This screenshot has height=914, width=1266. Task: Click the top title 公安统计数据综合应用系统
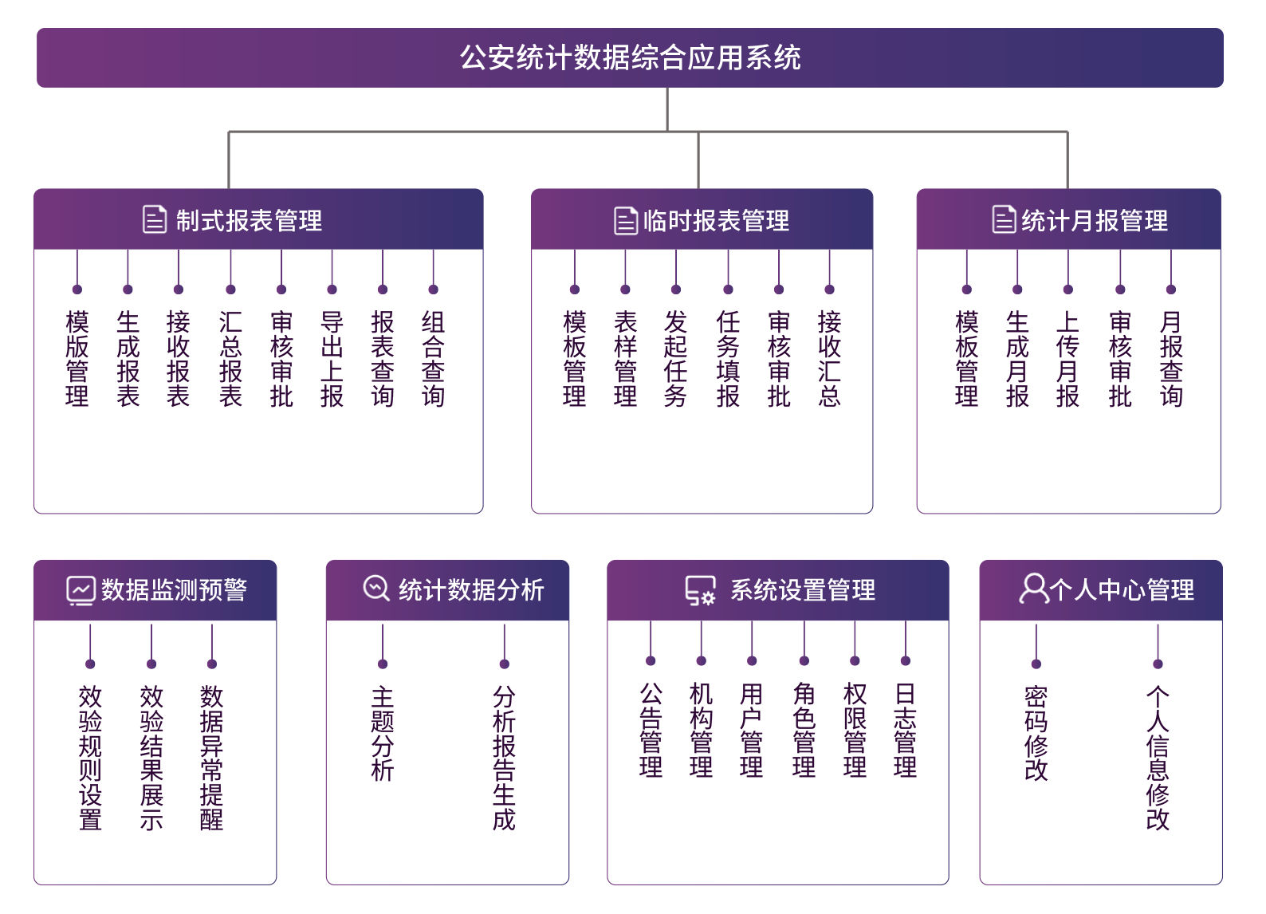click(630, 57)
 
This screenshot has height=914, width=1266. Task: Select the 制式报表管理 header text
click(249, 220)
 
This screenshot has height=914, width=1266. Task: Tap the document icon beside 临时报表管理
click(626, 220)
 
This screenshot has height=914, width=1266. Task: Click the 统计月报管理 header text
click(1094, 220)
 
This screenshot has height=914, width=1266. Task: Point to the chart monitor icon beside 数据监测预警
click(81, 591)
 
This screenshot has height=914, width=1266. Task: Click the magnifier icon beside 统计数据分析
click(376, 589)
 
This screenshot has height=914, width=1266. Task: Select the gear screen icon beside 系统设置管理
click(700, 591)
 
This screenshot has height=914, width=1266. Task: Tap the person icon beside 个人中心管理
click(1034, 589)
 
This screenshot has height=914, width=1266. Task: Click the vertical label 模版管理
click(77, 359)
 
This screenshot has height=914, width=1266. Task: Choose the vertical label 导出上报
click(332, 359)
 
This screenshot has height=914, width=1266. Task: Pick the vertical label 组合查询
click(434, 359)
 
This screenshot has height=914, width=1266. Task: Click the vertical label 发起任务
click(676, 359)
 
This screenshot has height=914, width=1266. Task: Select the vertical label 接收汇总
click(830, 359)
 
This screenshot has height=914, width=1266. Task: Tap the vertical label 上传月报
click(1068, 359)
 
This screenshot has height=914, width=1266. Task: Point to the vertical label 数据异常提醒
click(212, 758)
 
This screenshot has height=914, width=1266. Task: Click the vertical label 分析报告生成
click(504, 758)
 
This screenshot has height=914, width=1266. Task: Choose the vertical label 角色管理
click(804, 731)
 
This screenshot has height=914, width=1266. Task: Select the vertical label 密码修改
click(1036, 733)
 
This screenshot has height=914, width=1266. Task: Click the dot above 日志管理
click(906, 660)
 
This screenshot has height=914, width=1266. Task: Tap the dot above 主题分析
click(383, 664)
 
